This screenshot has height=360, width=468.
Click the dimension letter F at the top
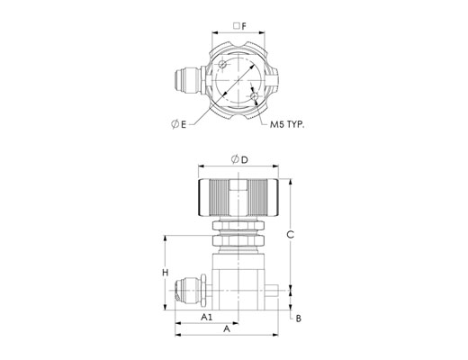(244, 26)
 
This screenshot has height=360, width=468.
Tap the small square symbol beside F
(237, 26)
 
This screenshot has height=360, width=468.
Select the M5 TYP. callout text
(287, 124)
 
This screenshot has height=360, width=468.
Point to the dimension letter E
(184, 124)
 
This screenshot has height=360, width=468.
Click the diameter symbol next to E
(175, 124)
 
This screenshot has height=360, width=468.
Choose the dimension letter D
(245, 160)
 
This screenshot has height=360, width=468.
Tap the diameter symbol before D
(235, 159)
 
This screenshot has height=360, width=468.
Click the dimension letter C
(290, 235)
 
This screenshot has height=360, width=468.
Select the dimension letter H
(166, 273)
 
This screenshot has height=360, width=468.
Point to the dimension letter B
(299, 319)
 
